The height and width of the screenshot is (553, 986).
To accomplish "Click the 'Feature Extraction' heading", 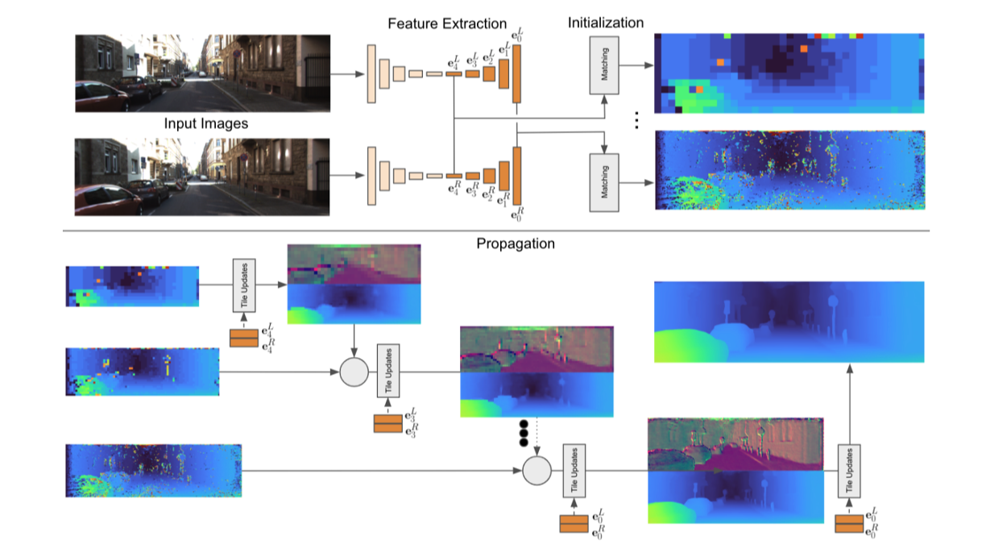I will (x=447, y=24).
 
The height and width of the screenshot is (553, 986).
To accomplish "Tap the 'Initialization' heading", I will (x=606, y=23).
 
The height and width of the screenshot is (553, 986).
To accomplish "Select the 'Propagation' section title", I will (x=516, y=243).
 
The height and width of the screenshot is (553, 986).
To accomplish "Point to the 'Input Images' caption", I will (x=206, y=124).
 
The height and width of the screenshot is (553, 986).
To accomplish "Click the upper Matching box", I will (x=606, y=64).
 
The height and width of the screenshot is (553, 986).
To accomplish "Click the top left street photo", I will (x=203, y=73).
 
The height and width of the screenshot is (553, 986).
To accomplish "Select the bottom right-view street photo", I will (x=203, y=177).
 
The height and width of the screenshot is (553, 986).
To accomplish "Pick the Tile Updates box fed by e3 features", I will (x=388, y=370).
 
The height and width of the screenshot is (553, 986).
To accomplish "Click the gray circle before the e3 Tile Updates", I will (x=354, y=372).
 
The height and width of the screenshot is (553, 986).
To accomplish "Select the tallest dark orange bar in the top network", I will (x=516, y=73).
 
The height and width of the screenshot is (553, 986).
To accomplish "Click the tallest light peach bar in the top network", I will (x=371, y=74).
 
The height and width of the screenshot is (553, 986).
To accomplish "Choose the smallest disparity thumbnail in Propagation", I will (x=132, y=286).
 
